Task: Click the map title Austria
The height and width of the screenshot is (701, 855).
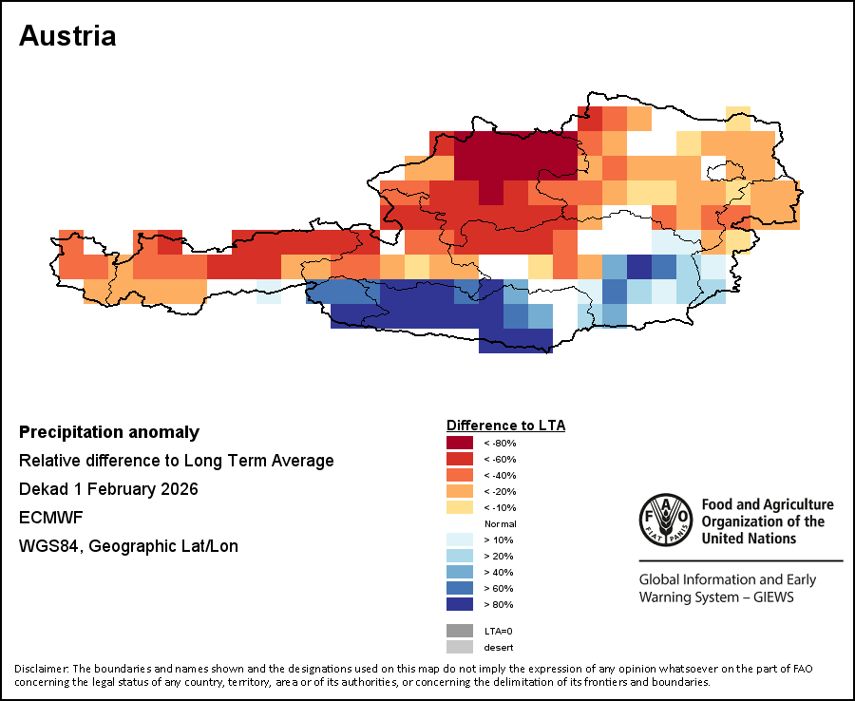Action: [x=67, y=36]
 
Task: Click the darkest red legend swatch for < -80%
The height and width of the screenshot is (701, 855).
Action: [x=460, y=443]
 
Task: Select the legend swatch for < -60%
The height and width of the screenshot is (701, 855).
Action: [x=460, y=459]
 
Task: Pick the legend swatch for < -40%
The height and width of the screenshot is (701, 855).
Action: [x=460, y=475]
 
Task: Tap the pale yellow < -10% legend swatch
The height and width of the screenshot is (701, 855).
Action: [x=460, y=507]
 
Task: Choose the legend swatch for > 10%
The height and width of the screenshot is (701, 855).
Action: [x=460, y=540]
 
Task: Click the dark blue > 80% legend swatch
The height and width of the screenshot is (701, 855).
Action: [x=460, y=604]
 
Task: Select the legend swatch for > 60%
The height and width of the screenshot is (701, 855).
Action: [x=460, y=588]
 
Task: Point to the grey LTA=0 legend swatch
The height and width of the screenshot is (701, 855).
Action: [x=460, y=631]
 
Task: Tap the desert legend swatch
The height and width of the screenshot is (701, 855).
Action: [x=460, y=647]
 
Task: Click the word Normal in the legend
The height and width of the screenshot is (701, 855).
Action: [x=500, y=523]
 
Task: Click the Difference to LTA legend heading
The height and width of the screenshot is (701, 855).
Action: [x=505, y=425]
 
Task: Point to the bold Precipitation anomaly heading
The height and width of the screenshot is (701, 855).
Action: [x=109, y=432]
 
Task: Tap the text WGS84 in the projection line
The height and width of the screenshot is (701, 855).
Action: [x=47, y=546]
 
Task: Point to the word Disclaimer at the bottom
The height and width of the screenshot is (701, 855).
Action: [x=41, y=669]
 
